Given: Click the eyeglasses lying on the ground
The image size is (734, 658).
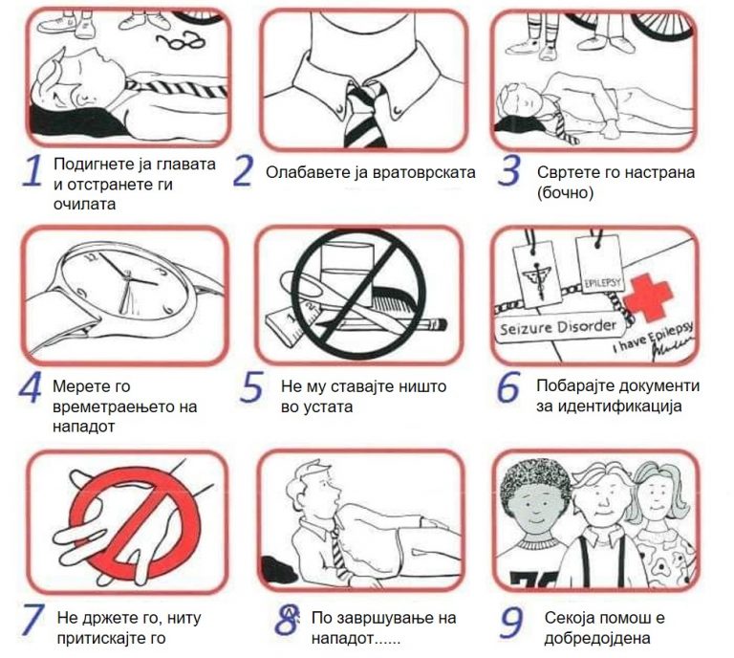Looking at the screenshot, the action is pyautogui.click(x=181, y=41).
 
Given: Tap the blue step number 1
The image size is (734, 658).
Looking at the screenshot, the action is pyautogui.click(x=32, y=171).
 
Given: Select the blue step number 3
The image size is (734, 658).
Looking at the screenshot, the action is pyautogui.click(x=508, y=170).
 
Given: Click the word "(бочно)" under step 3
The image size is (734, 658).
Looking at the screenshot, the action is pyautogui.click(x=565, y=192).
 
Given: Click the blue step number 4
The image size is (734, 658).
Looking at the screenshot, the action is pyautogui.click(x=30, y=386).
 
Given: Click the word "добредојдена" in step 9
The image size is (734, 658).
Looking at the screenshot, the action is pyautogui.click(x=597, y=637).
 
